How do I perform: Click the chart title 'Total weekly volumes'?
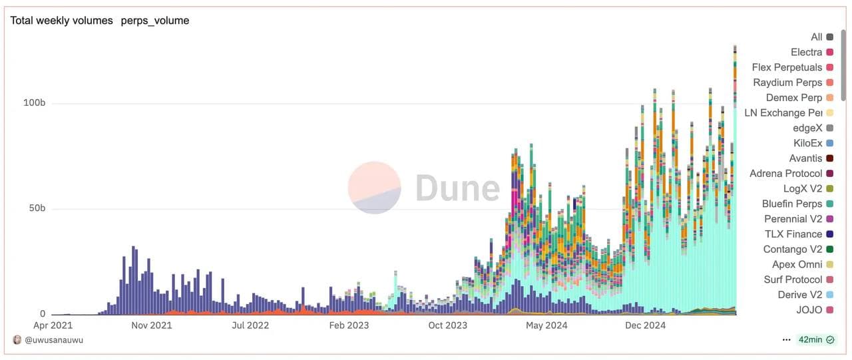point(61,21)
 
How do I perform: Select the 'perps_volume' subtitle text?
point(155,21)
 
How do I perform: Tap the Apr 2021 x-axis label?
point(53,325)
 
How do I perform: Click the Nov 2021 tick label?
point(151,325)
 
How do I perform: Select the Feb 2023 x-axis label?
point(349,325)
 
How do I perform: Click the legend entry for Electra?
point(806,52)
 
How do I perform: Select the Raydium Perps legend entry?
point(787,83)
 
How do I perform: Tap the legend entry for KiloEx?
point(807,143)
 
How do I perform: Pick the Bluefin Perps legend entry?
point(792,204)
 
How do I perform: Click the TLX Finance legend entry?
point(793,234)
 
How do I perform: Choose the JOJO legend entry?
point(809,310)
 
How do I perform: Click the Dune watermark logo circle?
point(374,188)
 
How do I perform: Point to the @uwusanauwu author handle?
point(53,340)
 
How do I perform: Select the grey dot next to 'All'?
point(829,37)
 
